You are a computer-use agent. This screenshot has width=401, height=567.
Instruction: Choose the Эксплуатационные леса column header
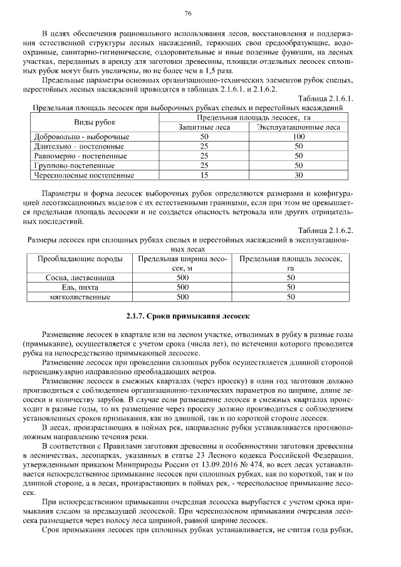click(x=299, y=127)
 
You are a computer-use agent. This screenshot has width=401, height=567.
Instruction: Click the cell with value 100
click(x=299, y=136)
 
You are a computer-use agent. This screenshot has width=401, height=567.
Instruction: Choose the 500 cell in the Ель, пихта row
click(x=182, y=288)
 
